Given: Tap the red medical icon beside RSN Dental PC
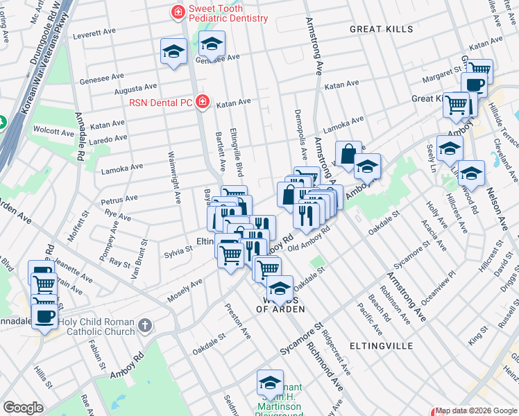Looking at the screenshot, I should [202, 102].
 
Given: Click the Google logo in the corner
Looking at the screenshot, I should [23, 408].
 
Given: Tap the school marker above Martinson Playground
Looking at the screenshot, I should [270, 382].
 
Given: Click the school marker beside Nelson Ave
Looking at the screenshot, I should [470, 173].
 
